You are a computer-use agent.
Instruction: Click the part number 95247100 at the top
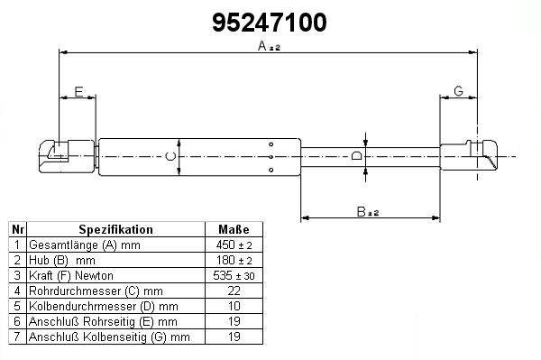[x=269, y=23]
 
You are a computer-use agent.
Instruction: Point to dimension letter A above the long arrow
[x=262, y=45]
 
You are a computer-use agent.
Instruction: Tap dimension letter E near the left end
[x=78, y=92]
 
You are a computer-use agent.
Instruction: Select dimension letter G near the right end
[x=458, y=91]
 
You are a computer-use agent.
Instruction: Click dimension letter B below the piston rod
[x=362, y=212]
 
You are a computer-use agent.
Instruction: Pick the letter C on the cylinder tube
[x=170, y=156]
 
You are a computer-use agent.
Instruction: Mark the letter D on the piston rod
[x=357, y=156]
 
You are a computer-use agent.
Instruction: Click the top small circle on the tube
[x=270, y=144]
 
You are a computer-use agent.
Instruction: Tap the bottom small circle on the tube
[x=270, y=170]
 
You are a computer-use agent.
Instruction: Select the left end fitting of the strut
[x=67, y=156]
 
